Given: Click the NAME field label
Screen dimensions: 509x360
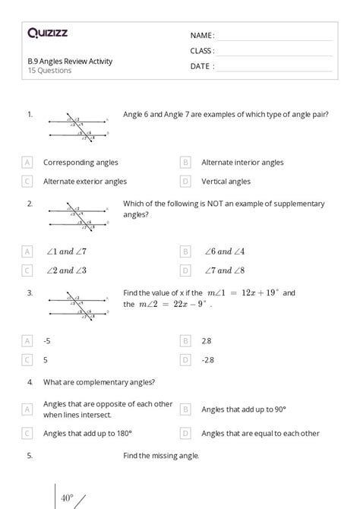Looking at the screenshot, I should pos(202,36).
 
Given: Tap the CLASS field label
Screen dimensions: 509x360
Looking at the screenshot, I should pos(202,51).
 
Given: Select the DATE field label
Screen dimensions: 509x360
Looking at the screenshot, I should pos(202,66).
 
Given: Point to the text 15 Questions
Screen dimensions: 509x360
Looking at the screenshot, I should pos(49,71).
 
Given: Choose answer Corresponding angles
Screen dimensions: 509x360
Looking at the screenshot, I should pos(81,162).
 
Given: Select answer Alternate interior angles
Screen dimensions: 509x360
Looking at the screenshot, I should pos(242,162).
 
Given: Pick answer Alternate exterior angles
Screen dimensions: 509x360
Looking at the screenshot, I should pos(85,182).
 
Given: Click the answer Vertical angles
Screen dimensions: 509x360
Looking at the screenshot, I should pos(226,182).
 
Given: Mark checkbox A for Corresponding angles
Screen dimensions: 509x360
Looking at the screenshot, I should pos(28,162).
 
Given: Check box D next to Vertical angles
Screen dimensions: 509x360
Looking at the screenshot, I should pos(185,182).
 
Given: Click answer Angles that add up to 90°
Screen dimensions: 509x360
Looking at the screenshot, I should pos(243,409).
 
